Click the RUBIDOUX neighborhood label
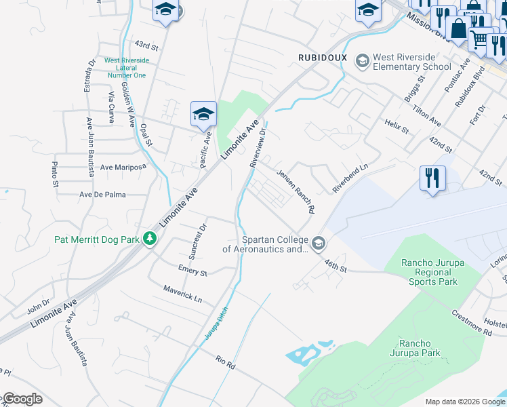[323, 58]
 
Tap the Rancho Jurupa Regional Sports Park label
[430, 272]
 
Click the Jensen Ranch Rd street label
[296, 192]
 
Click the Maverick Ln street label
[182, 294]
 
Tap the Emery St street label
[192, 271]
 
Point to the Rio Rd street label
[225, 362]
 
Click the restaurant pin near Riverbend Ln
[432, 179]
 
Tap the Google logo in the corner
[22, 399]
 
